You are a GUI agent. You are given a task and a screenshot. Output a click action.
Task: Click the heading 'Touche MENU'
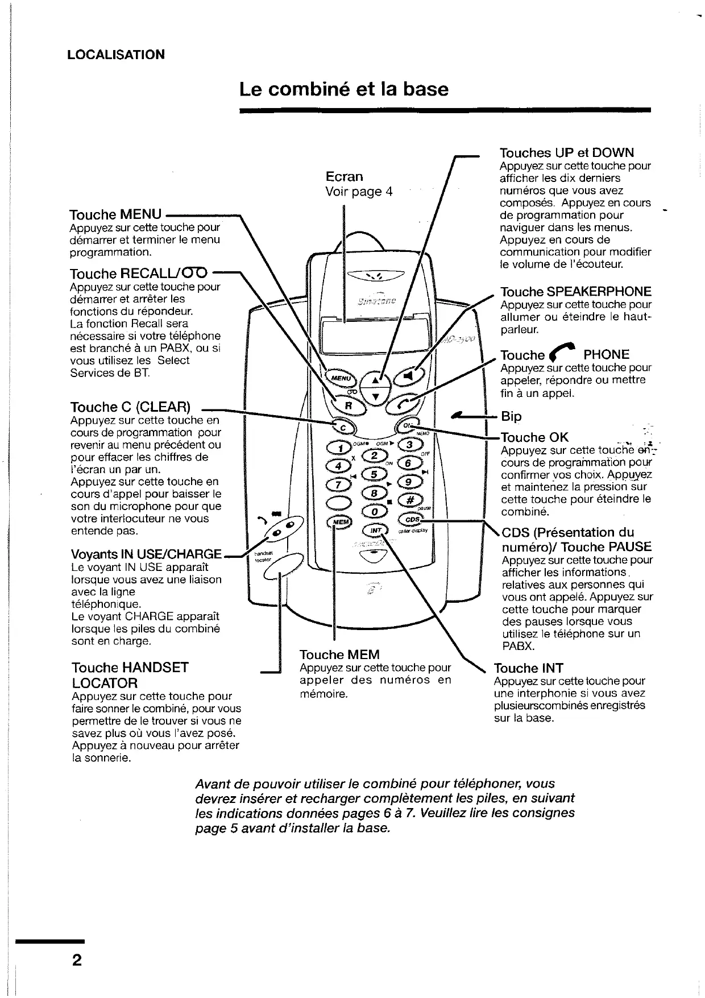(115, 214)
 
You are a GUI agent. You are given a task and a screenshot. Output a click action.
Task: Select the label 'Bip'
(511, 416)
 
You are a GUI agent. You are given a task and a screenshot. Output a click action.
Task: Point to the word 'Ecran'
(344, 176)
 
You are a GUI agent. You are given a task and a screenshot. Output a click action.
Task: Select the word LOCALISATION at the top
(116, 55)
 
